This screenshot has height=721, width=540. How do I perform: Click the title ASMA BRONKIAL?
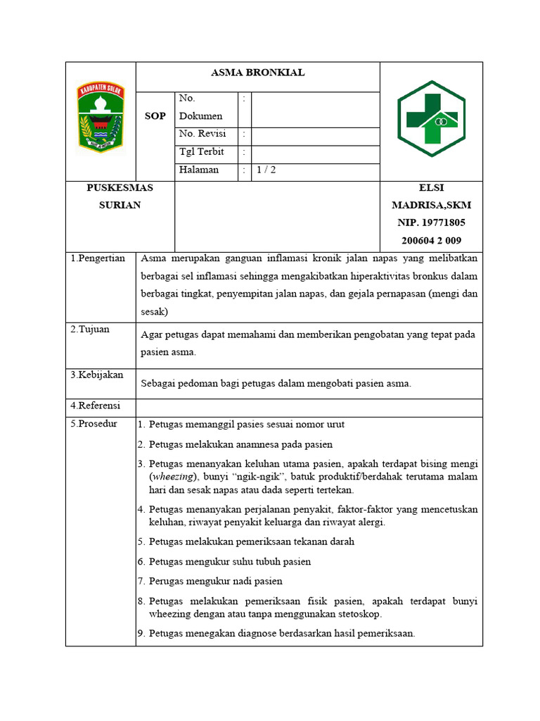coord(257,73)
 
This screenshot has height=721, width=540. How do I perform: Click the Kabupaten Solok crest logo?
coord(101,117)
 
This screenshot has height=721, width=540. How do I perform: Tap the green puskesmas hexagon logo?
coord(431,119)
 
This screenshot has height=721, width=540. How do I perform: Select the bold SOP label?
coord(155,116)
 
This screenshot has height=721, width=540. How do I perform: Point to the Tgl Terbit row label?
coord(202,152)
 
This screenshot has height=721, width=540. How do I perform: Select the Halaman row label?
coord(199,170)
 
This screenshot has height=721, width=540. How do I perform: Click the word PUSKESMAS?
coord(120,188)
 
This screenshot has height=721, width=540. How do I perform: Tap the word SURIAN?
coord(120,205)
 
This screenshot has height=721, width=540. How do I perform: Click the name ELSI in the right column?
coord(431,188)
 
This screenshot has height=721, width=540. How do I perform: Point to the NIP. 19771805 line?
coord(431,222)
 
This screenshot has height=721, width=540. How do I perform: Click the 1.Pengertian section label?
coord(98,258)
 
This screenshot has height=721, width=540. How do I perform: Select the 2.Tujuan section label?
coord(90,330)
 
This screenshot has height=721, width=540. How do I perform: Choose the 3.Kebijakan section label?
coord(97,375)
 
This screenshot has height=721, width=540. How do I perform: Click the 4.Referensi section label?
coord(96,406)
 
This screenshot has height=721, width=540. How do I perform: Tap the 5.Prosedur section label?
coord(94,424)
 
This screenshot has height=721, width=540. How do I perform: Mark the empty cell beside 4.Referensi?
coord(309,408)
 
